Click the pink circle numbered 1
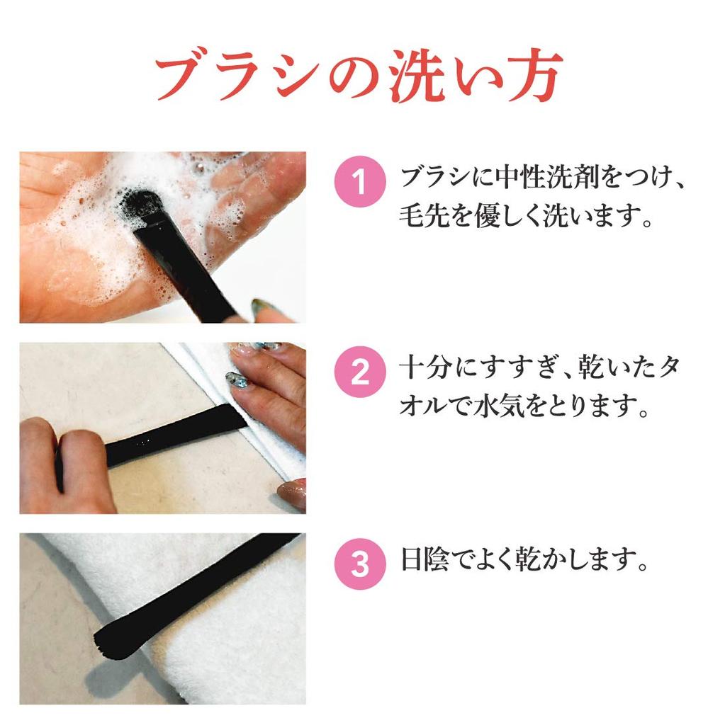tap(360, 181)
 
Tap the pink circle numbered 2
tap(360, 372)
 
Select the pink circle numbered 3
tap(360, 564)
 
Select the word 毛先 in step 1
tap(424, 215)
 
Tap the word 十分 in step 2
tap(424, 368)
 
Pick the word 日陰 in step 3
tap(425, 559)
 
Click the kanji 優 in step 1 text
tap(486, 215)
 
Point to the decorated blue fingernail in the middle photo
tap(237, 380)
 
